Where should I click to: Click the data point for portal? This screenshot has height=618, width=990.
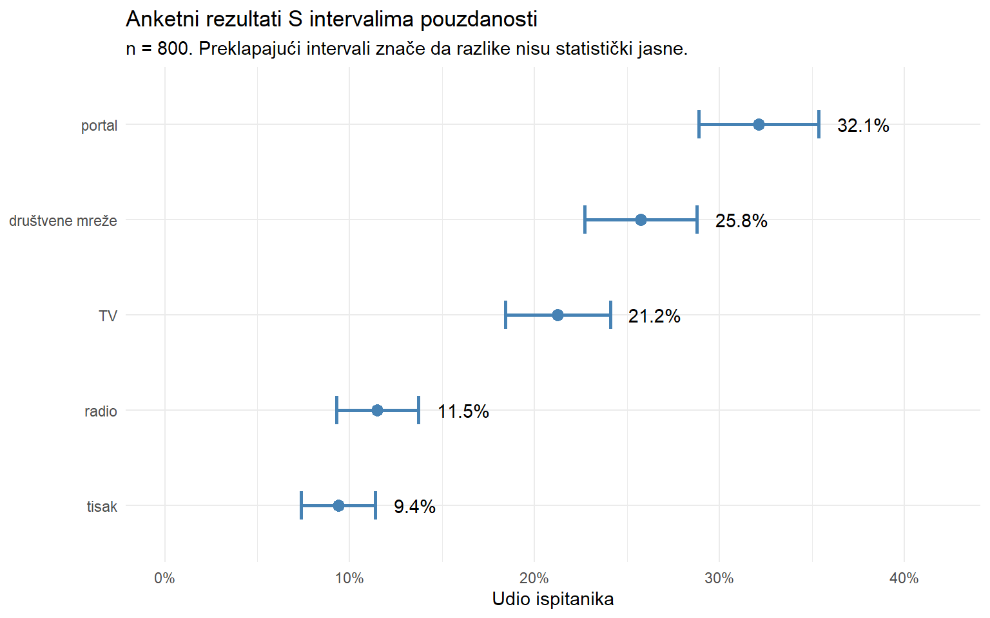click(759, 124)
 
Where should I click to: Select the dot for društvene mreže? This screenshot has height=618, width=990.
click(641, 220)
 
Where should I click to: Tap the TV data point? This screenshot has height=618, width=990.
click(558, 315)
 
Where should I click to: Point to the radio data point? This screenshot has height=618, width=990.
click(377, 410)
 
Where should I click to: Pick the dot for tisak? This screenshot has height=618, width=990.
click(338, 505)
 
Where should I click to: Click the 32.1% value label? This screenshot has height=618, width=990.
click(863, 126)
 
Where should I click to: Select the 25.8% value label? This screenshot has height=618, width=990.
click(741, 221)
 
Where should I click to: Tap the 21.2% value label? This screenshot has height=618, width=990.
click(654, 316)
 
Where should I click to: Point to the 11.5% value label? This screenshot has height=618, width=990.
click(463, 411)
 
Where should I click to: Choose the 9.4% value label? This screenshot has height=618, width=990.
click(414, 507)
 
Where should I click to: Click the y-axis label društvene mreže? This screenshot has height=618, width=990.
click(63, 221)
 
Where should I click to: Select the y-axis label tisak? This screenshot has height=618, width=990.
click(102, 507)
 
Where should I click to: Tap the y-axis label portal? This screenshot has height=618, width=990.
click(99, 126)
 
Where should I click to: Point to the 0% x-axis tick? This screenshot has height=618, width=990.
click(165, 578)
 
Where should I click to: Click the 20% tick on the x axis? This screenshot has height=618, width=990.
click(534, 578)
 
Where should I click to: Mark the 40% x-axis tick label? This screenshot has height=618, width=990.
click(904, 578)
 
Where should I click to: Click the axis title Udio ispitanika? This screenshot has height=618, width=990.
click(552, 599)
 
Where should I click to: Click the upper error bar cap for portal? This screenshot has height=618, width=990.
click(819, 124)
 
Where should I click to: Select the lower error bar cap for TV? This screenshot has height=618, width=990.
click(506, 315)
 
